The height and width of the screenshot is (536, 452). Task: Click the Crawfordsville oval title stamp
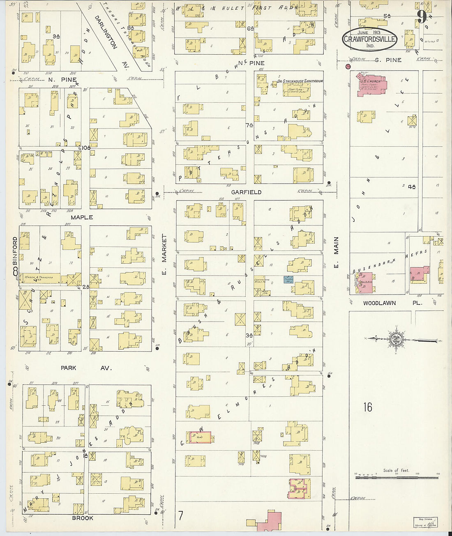[x=370, y=39]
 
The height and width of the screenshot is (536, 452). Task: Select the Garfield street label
[x=246, y=192]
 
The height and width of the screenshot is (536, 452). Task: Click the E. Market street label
[x=164, y=254]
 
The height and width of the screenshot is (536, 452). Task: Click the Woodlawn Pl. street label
[x=379, y=303]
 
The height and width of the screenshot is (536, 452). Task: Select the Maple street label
[x=82, y=217]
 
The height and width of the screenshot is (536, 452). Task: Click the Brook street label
[x=83, y=518]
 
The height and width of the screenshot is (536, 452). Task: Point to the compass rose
[x=396, y=339]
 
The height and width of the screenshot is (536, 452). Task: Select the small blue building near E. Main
[x=288, y=280]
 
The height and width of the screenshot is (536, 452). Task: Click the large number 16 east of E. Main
[x=367, y=407]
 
